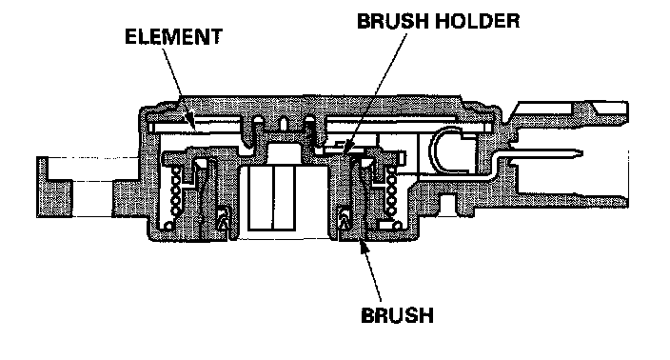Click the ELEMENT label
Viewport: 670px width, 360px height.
point(173,37)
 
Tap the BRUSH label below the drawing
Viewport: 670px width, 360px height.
point(398,315)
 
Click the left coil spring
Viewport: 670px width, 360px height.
point(175,190)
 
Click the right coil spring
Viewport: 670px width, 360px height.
point(390,190)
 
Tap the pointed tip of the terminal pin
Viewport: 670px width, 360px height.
point(581,152)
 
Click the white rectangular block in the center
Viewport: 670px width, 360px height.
point(272,198)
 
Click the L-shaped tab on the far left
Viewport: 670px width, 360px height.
point(54,188)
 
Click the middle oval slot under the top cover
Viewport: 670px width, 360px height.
point(283,123)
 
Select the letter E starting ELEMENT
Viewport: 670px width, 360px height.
point(130,37)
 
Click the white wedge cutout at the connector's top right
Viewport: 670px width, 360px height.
point(608,108)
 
